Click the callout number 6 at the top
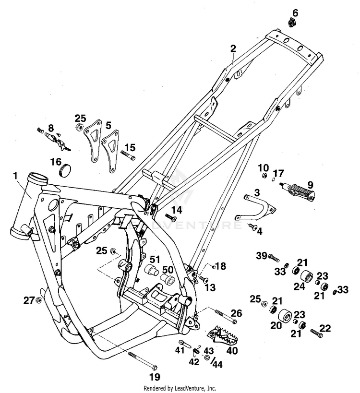pyautogui.click(x=295, y=12)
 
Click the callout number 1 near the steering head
pyautogui.click(x=17, y=176)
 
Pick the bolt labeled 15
pyautogui.click(x=129, y=155)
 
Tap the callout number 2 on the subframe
pyautogui.click(x=233, y=48)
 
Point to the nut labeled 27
pyautogui.click(x=39, y=300)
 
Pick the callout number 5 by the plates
pyautogui.click(x=108, y=125)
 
